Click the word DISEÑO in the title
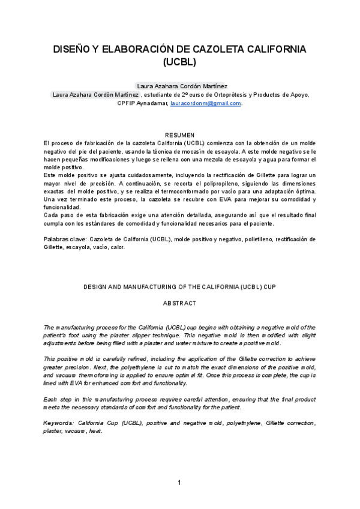point(71,49)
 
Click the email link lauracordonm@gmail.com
point(206,103)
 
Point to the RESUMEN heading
point(180,136)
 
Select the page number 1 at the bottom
point(179,483)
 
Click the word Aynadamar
point(154,103)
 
